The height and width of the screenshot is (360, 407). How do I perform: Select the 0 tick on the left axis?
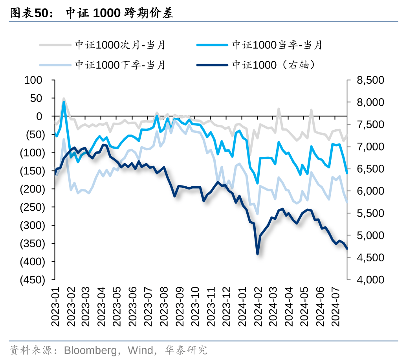pos(39,116)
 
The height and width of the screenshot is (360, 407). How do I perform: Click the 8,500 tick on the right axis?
pos(370,80)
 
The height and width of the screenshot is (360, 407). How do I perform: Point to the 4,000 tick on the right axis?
pos(370,280)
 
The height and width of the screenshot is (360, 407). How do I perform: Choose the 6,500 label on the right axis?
pos(370,169)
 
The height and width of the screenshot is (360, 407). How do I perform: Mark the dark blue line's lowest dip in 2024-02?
pos(258,254)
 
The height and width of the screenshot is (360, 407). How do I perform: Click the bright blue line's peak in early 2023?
pos(64,103)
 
